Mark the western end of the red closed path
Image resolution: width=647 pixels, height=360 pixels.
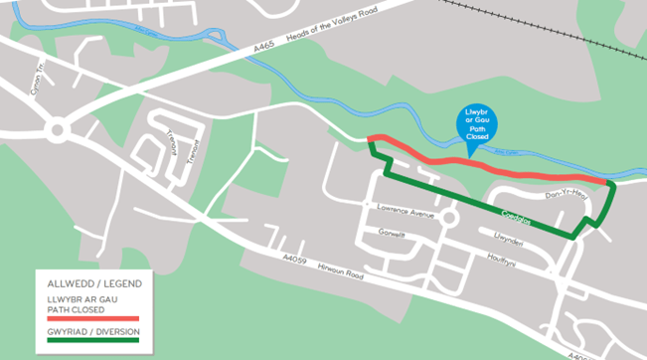click(370, 139)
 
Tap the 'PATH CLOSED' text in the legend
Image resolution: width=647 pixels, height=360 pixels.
click(76, 307)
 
